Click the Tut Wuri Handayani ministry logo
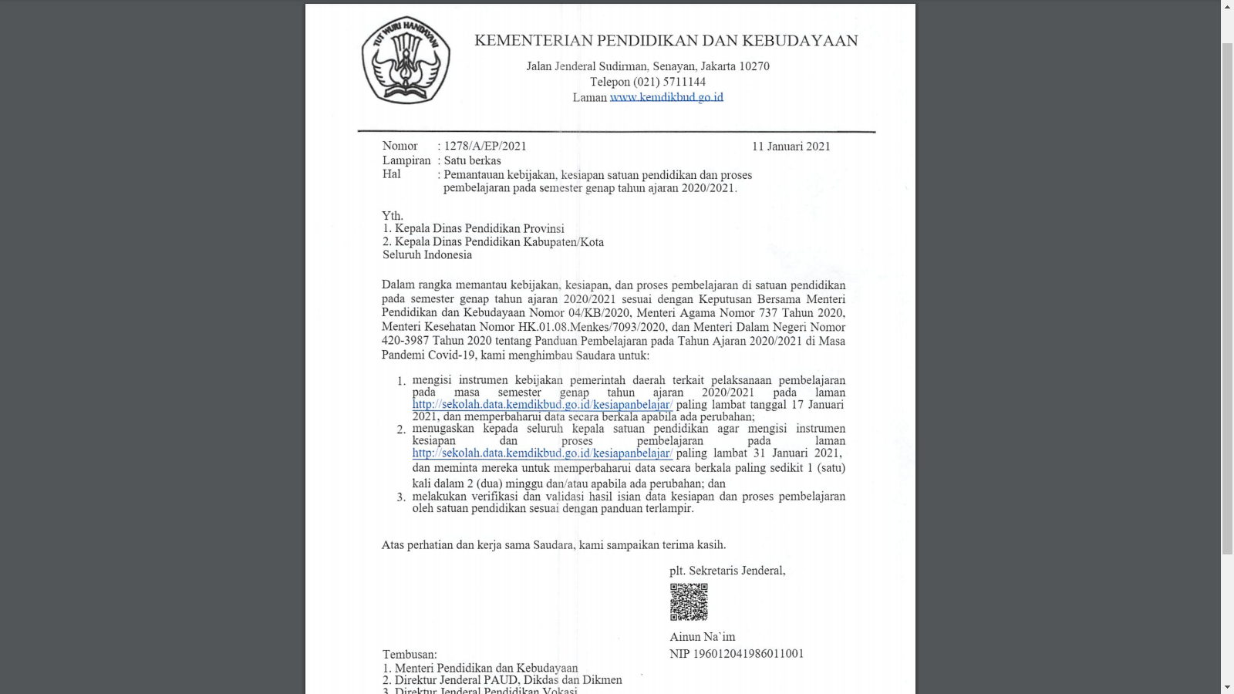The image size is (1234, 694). tap(406, 60)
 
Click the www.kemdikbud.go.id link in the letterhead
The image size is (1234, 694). tap(666, 97)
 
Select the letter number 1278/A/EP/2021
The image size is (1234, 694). tap(485, 146)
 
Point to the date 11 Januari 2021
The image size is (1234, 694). tap(791, 147)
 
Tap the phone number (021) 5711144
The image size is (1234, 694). tap(669, 82)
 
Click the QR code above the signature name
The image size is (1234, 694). tap(689, 601)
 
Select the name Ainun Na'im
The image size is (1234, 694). tap(702, 637)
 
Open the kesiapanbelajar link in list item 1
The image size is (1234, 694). tap(542, 405)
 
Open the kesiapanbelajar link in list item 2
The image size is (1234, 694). tap(542, 453)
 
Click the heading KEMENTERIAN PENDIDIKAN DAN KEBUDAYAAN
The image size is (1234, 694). tap(666, 41)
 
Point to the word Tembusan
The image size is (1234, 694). tap(409, 655)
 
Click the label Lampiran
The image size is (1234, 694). tap(406, 160)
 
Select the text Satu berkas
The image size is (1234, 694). tap(472, 160)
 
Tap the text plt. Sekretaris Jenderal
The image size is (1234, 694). tap(727, 571)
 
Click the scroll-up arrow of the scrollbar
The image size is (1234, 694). tap(1227, 6)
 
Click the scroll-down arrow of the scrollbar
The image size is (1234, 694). tap(1227, 687)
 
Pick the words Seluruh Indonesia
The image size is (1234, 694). tap(427, 255)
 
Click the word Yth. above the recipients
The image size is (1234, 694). tap(393, 216)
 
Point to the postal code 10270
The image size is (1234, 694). tap(754, 66)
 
